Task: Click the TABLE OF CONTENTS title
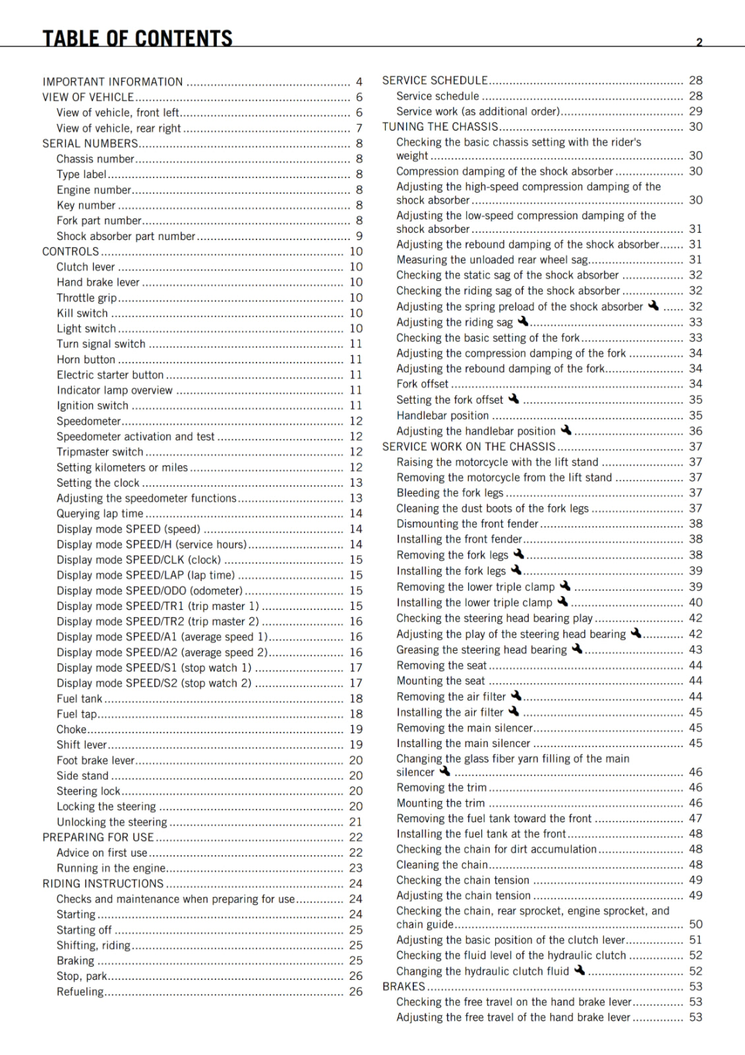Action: click(137, 38)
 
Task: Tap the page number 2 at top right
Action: click(699, 42)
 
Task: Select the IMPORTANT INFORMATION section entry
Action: click(113, 82)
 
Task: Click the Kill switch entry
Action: click(82, 313)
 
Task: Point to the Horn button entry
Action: click(86, 359)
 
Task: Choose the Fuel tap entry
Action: click(76, 714)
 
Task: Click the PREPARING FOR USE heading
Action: click(98, 837)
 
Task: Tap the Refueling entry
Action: click(80, 992)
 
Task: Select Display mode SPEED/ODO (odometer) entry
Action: click(150, 591)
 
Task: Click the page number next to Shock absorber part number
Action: click(359, 236)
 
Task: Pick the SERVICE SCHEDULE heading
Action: click(434, 80)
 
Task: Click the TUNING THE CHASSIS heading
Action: click(440, 127)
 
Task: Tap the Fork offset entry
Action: click(422, 384)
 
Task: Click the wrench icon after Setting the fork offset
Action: click(514, 399)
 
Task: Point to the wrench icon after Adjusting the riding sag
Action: click(523, 321)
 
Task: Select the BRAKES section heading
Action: click(403, 986)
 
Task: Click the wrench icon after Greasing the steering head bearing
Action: click(577, 649)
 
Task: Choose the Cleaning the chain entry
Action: click(442, 864)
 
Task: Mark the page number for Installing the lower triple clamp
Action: click(696, 603)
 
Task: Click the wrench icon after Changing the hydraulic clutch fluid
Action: click(580, 970)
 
